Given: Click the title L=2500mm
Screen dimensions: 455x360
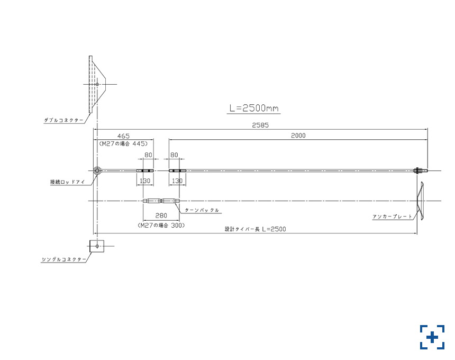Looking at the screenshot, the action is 254,109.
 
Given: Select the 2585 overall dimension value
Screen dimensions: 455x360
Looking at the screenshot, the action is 260,125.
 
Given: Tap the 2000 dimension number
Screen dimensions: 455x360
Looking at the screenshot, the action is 298,136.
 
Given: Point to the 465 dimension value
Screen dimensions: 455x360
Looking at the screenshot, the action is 123,136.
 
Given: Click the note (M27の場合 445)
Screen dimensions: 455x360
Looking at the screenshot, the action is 123,143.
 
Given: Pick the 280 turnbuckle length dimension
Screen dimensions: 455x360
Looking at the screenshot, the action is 161,215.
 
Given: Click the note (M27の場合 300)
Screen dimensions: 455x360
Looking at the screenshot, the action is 161,226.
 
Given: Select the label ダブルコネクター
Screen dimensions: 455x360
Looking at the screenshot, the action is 63,120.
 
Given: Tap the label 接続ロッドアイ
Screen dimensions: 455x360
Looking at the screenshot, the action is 68,182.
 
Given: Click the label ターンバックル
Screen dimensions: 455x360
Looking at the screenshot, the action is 202,210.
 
